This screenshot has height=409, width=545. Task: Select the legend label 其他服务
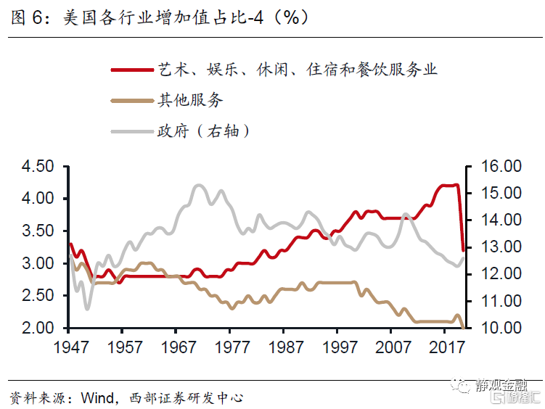[x=190, y=100]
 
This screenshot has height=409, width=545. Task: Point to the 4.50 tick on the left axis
[x=38, y=167]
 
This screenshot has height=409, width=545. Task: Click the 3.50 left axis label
[x=38, y=231]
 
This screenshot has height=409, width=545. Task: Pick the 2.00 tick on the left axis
[x=38, y=328]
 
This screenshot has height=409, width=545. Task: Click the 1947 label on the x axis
[x=71, y=347]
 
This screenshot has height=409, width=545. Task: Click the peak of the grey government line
[x=199, y=186]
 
